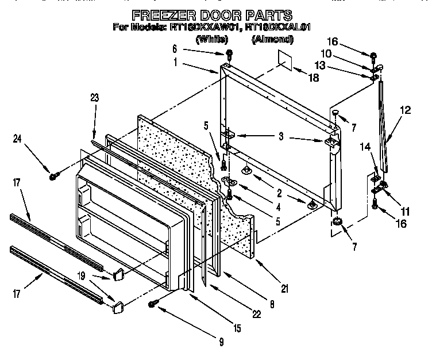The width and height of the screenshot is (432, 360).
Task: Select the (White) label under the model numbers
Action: tap(212, 40)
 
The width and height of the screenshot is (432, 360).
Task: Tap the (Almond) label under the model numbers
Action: tap(272, 40)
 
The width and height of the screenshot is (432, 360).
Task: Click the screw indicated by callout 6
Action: tap(229, 54)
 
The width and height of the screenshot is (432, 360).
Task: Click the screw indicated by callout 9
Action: tap(153, 303)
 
